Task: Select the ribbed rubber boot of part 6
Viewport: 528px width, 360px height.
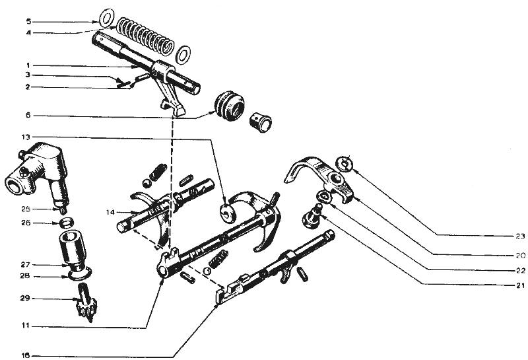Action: coord(228,106)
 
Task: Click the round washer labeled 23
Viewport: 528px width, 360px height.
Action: coord(345,162)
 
